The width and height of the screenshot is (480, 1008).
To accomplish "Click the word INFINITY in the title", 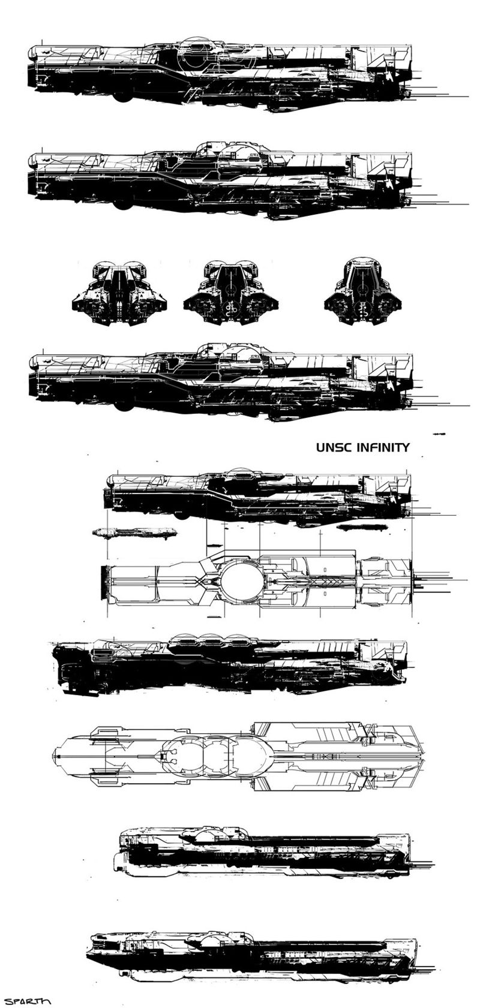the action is pyautogui.click(x=383, y=448).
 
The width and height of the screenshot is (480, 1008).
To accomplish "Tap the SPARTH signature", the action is pyautogui.click(x=26, y=1001).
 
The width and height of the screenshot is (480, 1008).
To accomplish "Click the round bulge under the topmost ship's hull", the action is pyautogui.click(x=122, y=97).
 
